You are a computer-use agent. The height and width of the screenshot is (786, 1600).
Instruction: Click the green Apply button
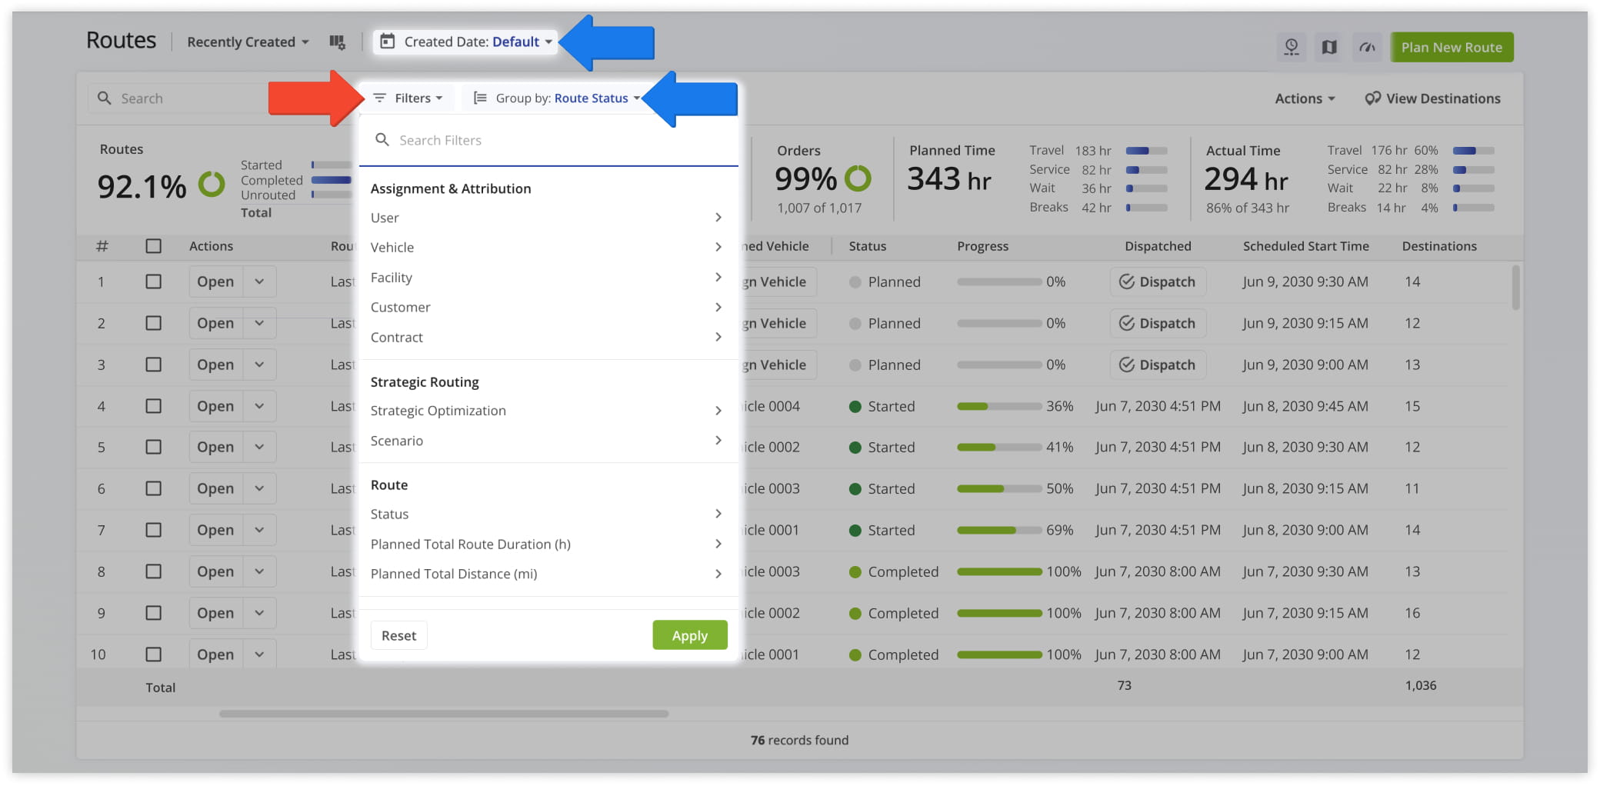coord(689,635)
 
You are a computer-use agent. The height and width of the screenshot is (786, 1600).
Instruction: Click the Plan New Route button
coord(1451,47)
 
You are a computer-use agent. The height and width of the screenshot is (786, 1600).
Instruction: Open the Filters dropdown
coord(408,98)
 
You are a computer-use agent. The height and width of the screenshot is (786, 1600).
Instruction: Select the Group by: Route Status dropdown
coord(556,98)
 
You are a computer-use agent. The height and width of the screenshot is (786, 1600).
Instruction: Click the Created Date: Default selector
coord(467,42)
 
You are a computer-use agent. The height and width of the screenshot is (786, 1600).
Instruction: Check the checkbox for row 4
coord(154,406)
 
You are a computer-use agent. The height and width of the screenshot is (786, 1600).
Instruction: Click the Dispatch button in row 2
coord(1158,323)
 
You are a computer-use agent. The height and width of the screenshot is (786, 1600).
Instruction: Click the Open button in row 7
coord(215,530)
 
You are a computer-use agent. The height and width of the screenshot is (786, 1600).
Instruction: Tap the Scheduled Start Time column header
coord(1305,246)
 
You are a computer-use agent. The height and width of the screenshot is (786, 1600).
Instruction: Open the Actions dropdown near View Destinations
coord(1305,98)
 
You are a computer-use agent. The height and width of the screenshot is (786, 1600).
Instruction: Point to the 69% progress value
coord(1059,530)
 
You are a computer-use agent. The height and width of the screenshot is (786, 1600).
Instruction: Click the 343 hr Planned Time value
coord(948,180)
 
